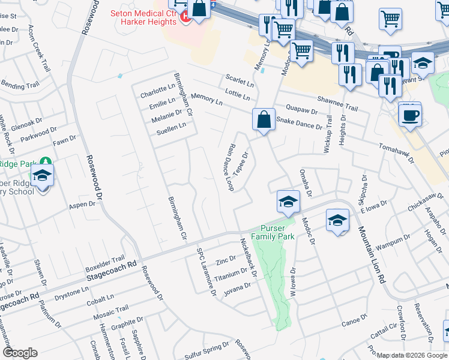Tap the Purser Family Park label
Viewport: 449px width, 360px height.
point(277,232)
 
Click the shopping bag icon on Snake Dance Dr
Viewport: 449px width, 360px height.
point(264,119)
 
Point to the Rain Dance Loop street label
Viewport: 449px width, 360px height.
point(231,167)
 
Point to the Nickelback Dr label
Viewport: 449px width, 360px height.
point(249,257)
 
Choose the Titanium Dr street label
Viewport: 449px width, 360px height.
point(231,274)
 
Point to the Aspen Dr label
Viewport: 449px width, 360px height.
point(83,205)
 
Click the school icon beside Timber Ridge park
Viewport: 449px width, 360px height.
point(43,177)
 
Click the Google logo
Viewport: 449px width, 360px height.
point(20,353)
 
